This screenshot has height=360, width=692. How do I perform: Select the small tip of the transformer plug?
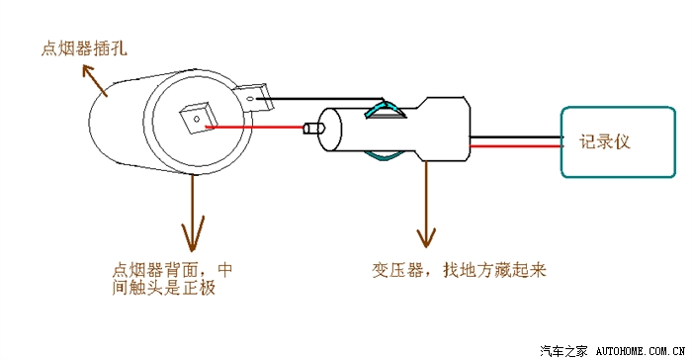[x=313, y=129]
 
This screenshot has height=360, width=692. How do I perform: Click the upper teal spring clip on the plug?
[x=382, y=110]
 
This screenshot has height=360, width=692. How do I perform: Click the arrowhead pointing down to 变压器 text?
[x=427, y=238]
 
